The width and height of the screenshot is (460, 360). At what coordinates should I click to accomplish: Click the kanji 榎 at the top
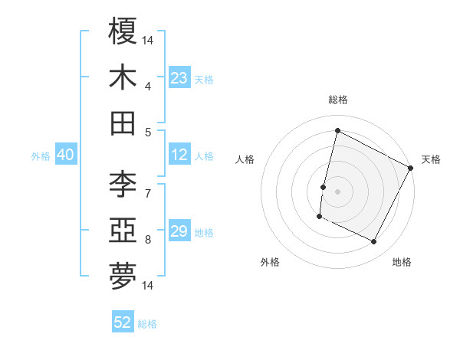point(123,31)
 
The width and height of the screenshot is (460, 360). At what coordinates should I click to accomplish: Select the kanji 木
point(123,77)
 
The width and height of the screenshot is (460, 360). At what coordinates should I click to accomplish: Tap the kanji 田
point(123,123)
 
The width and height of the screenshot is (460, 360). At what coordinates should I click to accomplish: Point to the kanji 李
point(123,184)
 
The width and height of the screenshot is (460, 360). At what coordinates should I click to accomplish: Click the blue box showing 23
point(179,78)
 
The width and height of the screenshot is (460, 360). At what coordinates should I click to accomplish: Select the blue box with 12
point(179,155)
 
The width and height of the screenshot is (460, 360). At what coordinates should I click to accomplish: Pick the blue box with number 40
point(65,155)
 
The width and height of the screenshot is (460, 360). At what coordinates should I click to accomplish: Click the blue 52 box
point(123,322)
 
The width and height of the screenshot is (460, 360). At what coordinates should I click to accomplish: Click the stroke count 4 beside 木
point(148,86)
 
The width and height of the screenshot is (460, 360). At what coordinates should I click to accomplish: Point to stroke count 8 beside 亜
point(148,239)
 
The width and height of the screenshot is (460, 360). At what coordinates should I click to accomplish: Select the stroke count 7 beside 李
point(148,192)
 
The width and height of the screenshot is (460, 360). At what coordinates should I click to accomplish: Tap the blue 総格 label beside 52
point(147,324)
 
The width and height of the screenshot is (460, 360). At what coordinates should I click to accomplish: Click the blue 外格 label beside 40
point(41,156)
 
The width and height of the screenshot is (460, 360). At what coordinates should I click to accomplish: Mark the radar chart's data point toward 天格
point(412,168)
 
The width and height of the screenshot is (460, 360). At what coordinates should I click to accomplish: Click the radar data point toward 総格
point(337,130)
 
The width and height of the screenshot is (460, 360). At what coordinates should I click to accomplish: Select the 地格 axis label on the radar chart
point(402,262)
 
